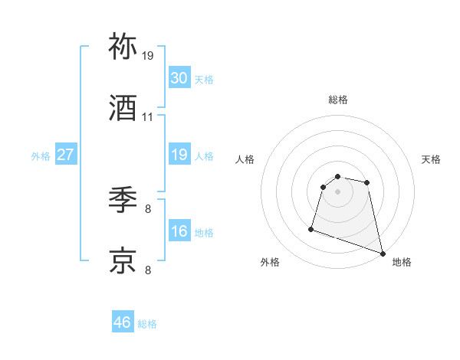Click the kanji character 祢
123,47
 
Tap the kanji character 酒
123,108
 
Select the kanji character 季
123,200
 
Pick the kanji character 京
123,260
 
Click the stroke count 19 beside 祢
148,56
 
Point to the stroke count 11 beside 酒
148,117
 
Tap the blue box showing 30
179,77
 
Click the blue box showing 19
179,155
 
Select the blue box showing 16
179,231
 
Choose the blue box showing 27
65,155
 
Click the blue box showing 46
122,322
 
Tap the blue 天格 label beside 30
203,80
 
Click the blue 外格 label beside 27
41,156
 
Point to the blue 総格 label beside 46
147,324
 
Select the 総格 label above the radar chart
338,100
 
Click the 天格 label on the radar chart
431,159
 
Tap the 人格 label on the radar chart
245,159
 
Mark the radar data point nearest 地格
383,254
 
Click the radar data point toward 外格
311,228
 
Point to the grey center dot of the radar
337,191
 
